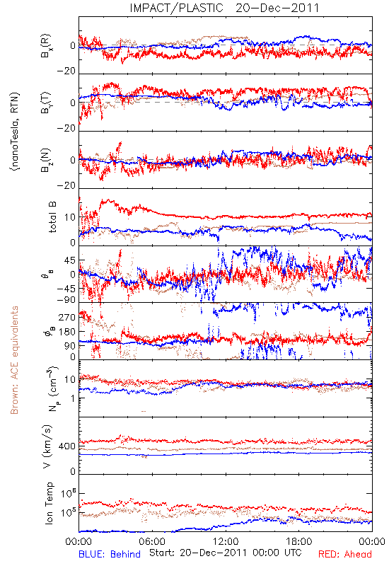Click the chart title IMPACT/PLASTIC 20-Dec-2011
[224, 8]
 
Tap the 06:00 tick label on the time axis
[152, 541]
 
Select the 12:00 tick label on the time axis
[226, 541]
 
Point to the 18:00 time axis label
[299, 541]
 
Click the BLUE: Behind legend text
[110, 554]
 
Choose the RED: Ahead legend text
[345, 554]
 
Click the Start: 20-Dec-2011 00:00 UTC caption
[226, 553]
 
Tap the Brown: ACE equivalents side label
[14, 360]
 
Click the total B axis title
[52, 217]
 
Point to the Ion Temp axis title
[49, 503]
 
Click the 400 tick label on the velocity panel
[67, 446]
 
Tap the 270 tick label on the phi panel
[67, 317]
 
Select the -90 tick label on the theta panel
[66, 300]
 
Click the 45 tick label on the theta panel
[70, 260]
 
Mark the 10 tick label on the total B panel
[70, 217]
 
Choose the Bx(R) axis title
[46, 46]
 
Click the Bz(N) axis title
[46, 160]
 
